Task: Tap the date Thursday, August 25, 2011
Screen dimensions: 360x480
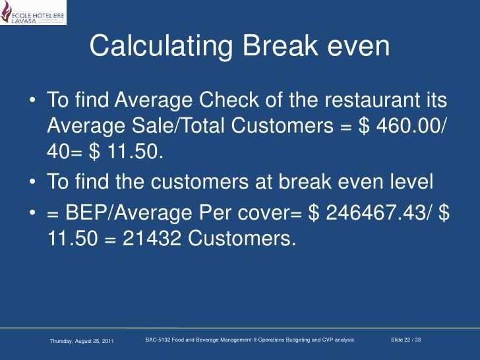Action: click(82, 340)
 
